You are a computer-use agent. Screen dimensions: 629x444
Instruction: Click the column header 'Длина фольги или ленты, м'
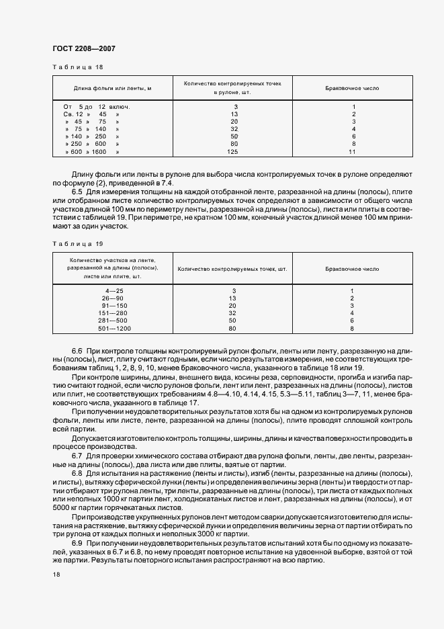(x=112, y=88)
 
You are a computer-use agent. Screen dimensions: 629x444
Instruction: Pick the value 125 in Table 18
(x=234, y=153)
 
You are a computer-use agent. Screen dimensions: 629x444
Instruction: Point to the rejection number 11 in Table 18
(x=352, y=153)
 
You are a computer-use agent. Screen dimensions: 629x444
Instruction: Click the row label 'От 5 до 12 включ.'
(x=96, y=107)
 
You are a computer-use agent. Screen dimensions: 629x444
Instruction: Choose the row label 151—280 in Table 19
(x=113, y=312)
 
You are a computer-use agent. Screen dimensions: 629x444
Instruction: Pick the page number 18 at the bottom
(x=56, y=575)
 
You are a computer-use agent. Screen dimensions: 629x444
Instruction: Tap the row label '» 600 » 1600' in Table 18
(x=91, y=153)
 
